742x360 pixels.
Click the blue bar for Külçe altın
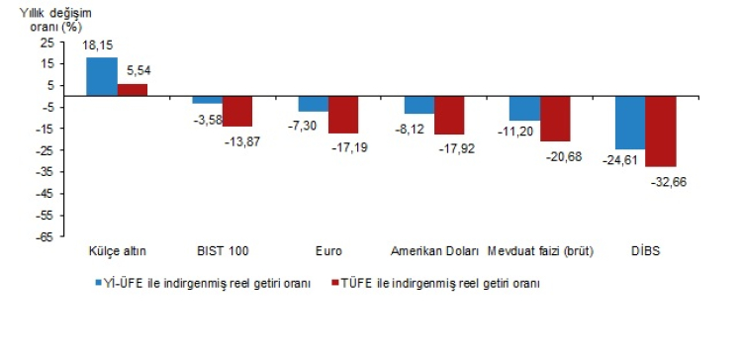(102, 77)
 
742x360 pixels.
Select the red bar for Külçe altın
(133, 90)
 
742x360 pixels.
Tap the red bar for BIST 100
(237, 111)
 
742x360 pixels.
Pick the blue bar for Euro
(314, 104)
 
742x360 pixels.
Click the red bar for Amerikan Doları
(449, 115)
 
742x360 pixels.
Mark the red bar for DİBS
(661, 131)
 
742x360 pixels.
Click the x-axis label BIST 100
(222, 251)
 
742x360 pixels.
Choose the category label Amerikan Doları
(434, 251)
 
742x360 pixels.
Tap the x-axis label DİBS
(645, 251)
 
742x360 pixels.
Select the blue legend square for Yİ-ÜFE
(100, 283)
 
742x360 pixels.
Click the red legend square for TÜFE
(336, 283)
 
